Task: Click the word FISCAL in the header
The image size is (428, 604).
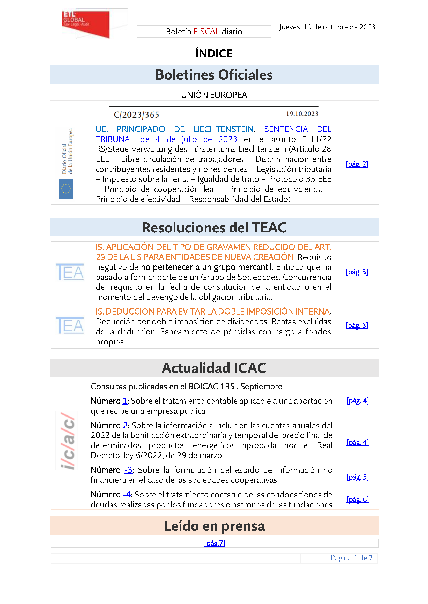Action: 206,32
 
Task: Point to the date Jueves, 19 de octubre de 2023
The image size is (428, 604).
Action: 327,27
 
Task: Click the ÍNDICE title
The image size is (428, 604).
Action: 214,53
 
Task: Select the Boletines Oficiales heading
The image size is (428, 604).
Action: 214,75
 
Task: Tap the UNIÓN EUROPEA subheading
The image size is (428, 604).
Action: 214,95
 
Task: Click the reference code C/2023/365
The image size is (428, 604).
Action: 137,115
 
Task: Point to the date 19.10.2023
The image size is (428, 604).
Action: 302,114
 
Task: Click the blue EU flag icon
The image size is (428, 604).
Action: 66,189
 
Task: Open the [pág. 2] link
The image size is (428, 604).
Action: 357,164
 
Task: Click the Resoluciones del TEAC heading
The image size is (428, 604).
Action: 214,228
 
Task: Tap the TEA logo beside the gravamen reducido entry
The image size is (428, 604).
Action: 70,272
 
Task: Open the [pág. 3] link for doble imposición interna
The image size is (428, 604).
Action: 357,326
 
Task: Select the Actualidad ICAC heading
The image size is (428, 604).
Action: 214,368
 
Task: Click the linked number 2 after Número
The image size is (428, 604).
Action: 125,426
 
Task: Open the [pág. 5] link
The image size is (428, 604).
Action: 357,477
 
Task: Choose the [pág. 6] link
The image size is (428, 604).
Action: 357,499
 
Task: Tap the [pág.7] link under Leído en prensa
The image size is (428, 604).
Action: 215,543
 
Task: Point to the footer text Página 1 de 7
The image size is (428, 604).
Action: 351,558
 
